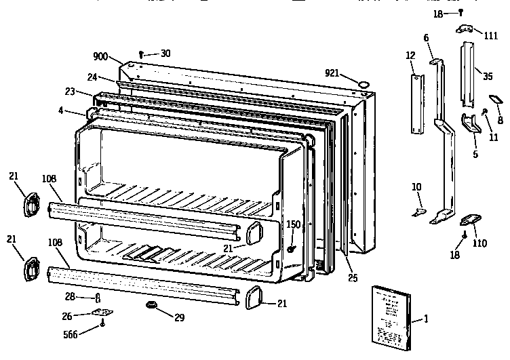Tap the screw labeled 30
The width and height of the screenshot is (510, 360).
[x=140, y=54]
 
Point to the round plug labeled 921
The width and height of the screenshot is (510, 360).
[x=364, y=83]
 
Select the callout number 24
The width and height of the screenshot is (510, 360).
[x=92, y=77]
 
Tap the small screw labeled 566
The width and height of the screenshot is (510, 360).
[x=102, y=324]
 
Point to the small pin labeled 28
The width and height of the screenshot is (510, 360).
[x=99, y=298]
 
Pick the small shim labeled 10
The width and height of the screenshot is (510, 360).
[x=419, y=212]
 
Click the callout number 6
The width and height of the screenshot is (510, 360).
[x=427, y=38]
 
